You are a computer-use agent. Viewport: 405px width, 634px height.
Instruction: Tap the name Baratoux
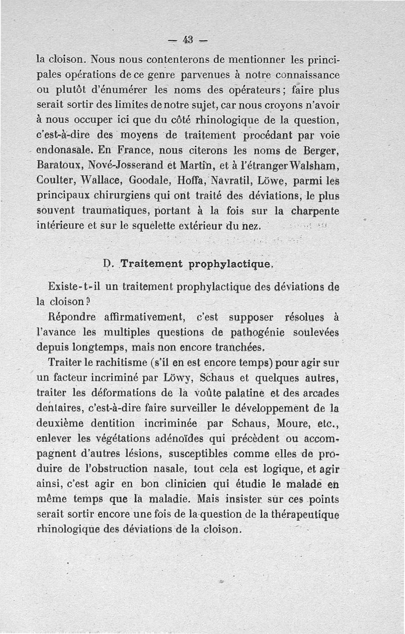58,165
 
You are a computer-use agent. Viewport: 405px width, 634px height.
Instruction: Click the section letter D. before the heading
107,264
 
